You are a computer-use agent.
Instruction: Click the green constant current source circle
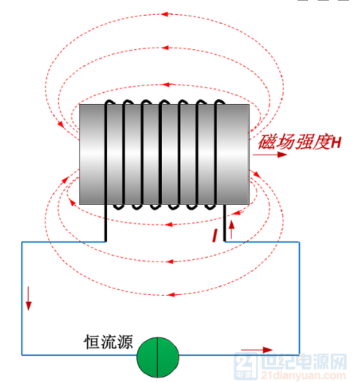pyautogui.click(x=158, y=357)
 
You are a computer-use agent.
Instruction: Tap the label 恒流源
pyautogui.click(x=109, y=342)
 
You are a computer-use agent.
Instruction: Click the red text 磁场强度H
pyautogui.click(x=300, y=142)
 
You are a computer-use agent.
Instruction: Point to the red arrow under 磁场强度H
pyautogui.click(x=270, y=155)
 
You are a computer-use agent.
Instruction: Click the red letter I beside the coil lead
pyautogui.click(x=215, y=236)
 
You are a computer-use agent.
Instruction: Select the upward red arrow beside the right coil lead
pyautogui.click(x=231, y=230)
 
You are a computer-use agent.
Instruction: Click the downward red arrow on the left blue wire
pyautogui.click(x=29, y=298)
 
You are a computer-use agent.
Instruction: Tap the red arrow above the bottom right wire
pyautogui.click(x=257, y=350)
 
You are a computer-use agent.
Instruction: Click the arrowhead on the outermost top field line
pyautogui.click(x=165, y=14)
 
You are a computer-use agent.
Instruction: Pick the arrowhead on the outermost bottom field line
pyautogui.click(x=171, y=294)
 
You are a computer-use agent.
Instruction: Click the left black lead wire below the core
pyautogui.click(x=106, y=223)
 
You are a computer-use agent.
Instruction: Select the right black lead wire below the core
pyautogui.click(x=225, y=223)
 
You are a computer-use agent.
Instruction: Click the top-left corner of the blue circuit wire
pyautogui.click(x=22, y=242)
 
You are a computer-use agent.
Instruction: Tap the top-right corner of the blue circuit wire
pyautogui.click(x=299, y=242)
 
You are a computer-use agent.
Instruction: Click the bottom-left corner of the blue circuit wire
pyautogui.click(x=22, y=355)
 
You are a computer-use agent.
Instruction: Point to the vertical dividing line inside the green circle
pyautogui.click(x=158, y=357)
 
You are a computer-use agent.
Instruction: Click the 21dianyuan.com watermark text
pyautogui.click(x=303, y=375)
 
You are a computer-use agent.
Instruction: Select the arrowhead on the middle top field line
pyautogui.click(x=165, y=48)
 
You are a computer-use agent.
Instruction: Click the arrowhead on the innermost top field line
pyautogui.click(x=165, y=85)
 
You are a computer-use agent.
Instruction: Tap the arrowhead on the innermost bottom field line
pyautogui.click(x=169, y=224)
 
